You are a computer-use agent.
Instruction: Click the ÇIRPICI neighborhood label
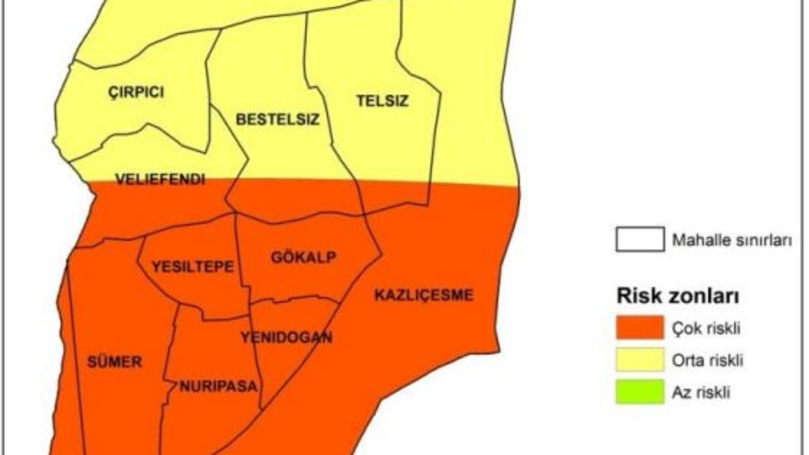[136, 92]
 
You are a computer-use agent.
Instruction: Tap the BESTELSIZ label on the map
[278, 119]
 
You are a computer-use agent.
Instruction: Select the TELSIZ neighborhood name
[383, 101]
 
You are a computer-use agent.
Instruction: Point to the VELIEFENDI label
[160, 179]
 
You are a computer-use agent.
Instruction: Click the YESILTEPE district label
[193, 267]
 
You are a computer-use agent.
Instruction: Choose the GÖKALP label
[303, 257]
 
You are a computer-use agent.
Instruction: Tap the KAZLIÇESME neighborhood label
[424, 295]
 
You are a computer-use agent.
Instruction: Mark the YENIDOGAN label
[287, 337]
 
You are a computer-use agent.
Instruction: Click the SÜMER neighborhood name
[115, 362]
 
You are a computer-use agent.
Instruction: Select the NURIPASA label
[219, 386]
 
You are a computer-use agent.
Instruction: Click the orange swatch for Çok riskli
[640, 328]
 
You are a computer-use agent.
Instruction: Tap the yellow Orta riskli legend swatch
[640, 359]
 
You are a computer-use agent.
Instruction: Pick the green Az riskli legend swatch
[640, 392]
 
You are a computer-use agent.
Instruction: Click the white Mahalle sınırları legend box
[640, 239]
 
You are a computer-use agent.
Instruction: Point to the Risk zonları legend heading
[678, 296]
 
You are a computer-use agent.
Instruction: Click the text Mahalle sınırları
[732, 240]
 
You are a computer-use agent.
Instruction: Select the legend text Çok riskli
[706, 328]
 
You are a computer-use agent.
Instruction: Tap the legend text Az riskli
[701, 393]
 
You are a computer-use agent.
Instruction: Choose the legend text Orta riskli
[707, 361]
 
